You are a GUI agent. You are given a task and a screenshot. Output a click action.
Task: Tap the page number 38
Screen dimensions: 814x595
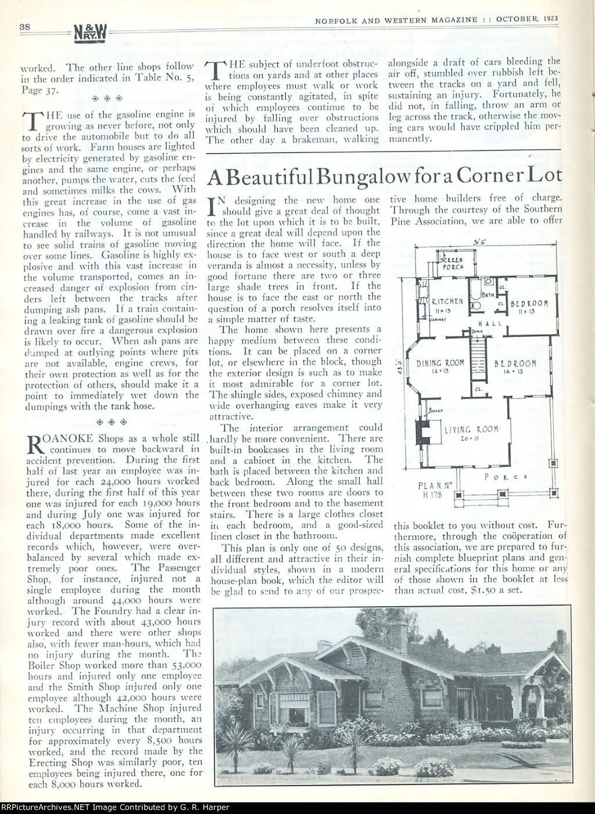pyautogui.click(x=24, y=26)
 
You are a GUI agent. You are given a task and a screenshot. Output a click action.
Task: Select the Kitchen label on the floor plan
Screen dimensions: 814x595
pyautogui.click(x=447, y=301)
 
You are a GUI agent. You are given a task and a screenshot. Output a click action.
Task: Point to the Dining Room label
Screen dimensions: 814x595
pyautogui.click(x=440, y=363)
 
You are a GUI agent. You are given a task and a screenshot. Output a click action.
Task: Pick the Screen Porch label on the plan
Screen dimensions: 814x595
pyautogui.click(x=453, y=264)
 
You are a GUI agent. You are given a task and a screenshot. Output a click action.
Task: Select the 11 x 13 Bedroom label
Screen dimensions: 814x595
pyautogui.click(x=529, y=304)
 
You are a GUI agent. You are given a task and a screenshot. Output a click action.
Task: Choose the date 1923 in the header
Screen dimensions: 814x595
pyautogui.click(x=548, y=19)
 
